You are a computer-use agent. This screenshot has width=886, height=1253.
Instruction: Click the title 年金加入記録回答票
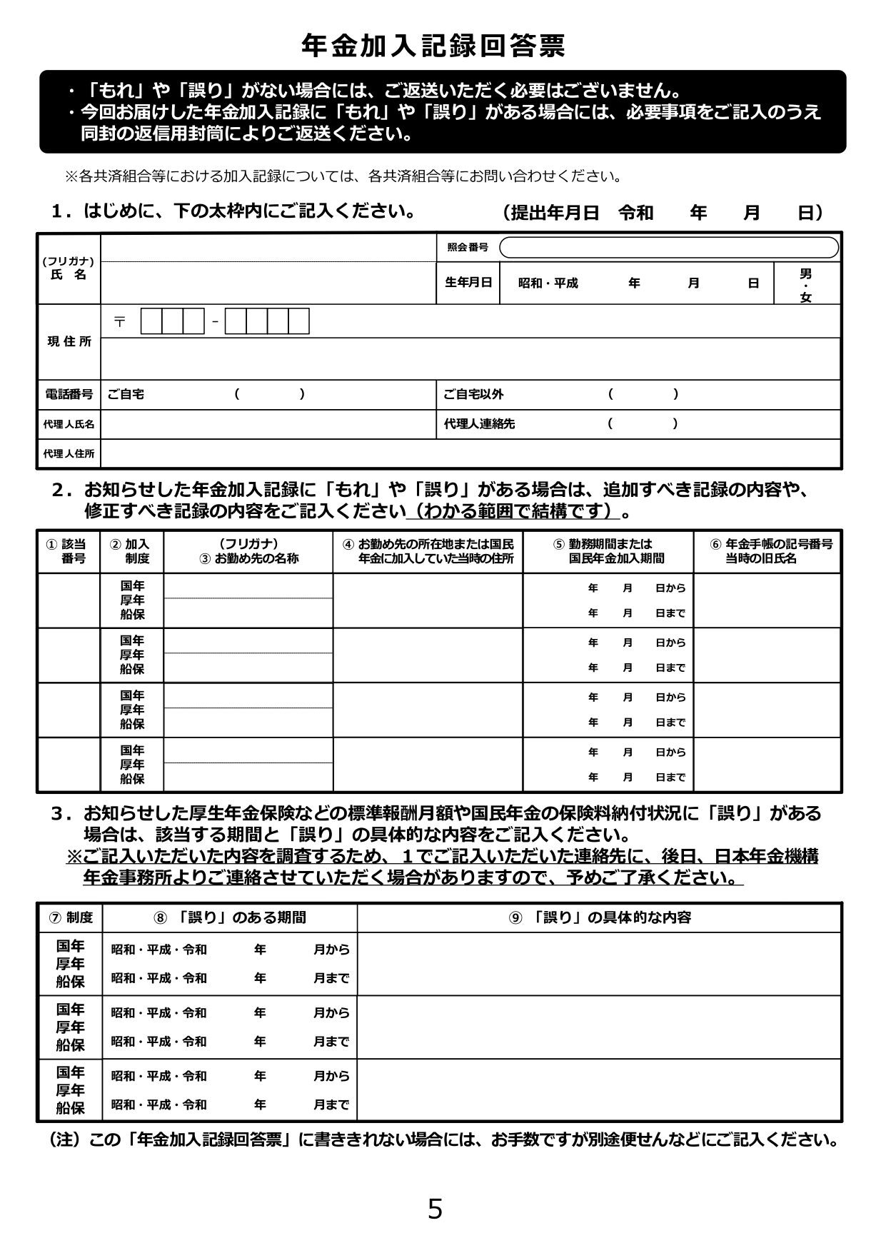434,46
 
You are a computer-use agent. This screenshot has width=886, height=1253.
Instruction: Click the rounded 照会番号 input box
668,247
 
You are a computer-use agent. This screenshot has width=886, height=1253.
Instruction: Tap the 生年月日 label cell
468,283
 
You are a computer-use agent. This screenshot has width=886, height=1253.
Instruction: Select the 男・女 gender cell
805,284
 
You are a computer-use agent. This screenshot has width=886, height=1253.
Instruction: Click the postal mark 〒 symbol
120,322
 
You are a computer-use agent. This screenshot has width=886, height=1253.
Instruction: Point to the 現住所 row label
69,341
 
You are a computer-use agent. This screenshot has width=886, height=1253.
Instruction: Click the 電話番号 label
69,394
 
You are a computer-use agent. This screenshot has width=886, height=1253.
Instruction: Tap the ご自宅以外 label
473,394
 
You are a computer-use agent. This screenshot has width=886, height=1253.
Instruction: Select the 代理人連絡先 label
479,423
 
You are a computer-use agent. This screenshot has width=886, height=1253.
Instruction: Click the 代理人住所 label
69,453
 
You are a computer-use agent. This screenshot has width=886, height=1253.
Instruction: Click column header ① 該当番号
69,551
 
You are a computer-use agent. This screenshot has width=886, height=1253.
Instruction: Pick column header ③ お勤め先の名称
248,551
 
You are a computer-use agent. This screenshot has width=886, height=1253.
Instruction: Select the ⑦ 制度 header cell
70,917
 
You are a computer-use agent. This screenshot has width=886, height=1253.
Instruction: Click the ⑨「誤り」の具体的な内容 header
600,917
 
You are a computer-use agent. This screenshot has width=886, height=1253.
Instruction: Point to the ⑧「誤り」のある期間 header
230,917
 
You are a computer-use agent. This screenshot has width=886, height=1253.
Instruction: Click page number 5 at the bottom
435,1209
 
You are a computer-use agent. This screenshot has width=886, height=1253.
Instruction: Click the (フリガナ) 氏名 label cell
69,269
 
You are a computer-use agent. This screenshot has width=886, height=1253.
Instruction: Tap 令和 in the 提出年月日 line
635,213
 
